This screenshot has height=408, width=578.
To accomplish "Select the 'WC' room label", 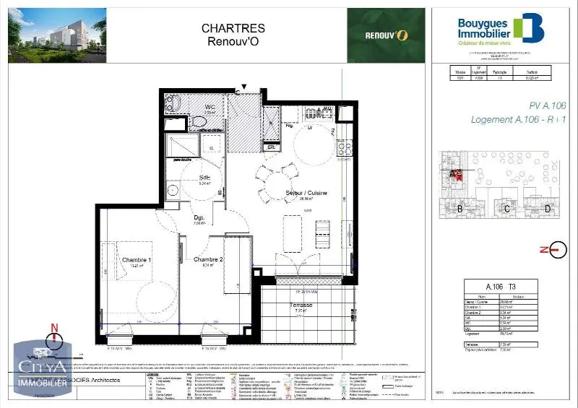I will point(190,107).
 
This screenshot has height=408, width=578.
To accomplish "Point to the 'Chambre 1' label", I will point(137,260).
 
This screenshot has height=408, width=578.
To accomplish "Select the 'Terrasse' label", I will point(301,305).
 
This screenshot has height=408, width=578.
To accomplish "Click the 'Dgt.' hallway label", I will point(199,218).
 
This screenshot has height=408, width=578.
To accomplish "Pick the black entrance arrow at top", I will point(243,87).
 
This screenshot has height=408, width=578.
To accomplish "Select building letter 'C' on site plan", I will point(507,209).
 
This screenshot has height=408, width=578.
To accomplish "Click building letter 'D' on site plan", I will point(548,209).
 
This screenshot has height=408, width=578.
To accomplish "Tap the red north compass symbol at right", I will point(557,251).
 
